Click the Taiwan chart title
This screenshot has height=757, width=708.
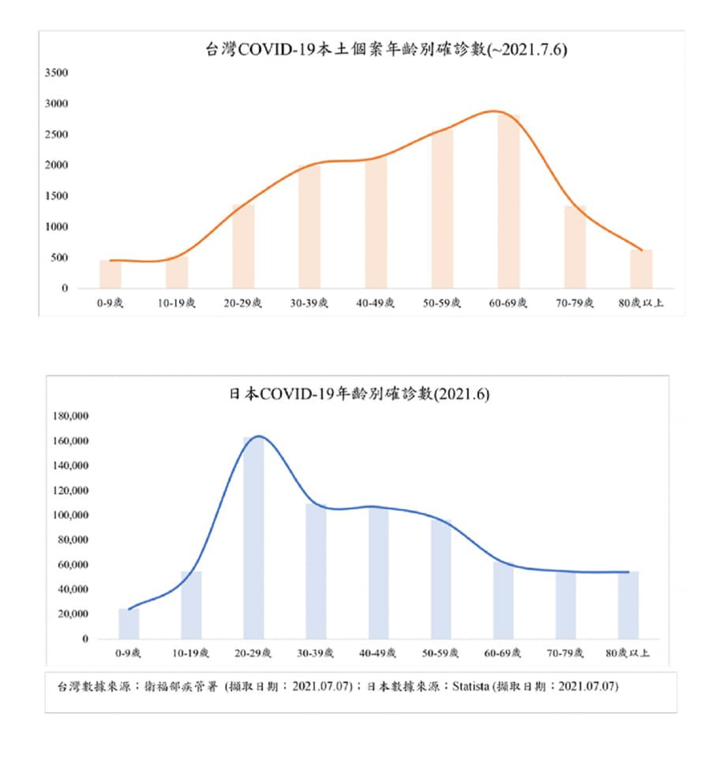coord(386,49)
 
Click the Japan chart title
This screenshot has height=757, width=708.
coord(359,394)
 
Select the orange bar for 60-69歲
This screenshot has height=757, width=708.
coord(508,203)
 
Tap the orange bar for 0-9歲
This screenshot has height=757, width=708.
coord(111,275)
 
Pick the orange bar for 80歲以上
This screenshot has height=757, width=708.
coord(641,270)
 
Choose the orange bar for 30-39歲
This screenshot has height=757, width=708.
coord(309,227)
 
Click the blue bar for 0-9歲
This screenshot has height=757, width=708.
coord(129,624)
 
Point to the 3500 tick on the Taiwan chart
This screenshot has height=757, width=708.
coord(56,73)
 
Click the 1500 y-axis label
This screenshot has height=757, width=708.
coord(56,196)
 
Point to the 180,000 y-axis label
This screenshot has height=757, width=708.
coord(71,416)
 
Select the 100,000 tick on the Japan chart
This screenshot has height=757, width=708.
coord(71,515)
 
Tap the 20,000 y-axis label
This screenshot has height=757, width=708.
coord(73,614)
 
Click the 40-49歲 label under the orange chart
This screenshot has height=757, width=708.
coord(375,303)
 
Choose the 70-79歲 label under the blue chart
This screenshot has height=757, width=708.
coord(565,653)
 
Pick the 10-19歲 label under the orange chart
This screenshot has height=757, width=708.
coord(177,303)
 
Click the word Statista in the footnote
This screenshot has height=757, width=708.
coord(471,687)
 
